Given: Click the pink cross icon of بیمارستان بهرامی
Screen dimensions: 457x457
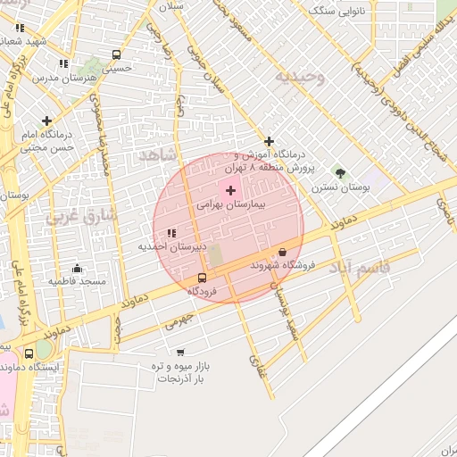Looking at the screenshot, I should coord(230,190).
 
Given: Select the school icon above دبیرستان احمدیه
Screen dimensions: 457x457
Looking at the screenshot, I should coord(171,234).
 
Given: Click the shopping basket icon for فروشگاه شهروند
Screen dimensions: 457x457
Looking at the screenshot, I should coord(283,253).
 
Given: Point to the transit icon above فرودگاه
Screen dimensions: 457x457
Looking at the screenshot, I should coord(202,278).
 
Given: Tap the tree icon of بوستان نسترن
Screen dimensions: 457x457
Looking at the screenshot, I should coord(338,172).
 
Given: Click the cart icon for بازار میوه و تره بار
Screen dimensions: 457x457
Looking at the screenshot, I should coord(180,353).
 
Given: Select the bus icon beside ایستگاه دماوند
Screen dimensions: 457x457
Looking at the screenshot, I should coord(29,353).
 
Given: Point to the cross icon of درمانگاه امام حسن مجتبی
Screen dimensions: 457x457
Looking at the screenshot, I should coord(46,120).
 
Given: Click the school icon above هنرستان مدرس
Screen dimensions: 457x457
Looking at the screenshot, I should coord(62,63).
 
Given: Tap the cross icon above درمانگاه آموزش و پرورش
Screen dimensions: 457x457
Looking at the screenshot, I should coord(269,141).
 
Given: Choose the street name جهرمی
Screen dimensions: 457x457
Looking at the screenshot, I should coord(178,323).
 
